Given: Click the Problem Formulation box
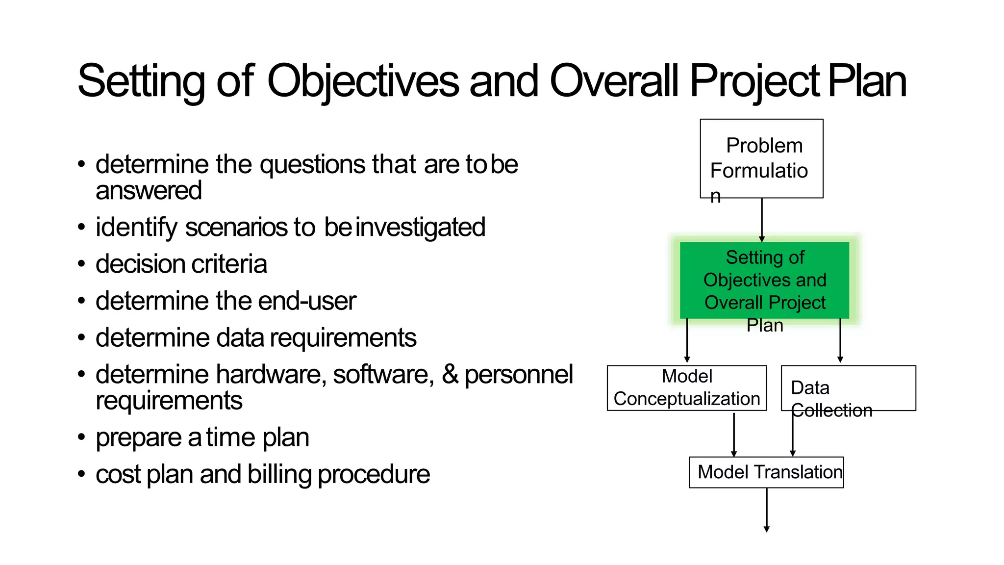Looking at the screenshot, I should pyautogui.click(x=761, y=158).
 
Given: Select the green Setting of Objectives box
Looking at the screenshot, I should pyautogui.click(x=764, y=280).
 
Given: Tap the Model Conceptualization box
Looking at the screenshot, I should pyautogui.click(x=686, y=388).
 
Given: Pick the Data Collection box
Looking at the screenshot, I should pyautogui.click(x=848, y=388).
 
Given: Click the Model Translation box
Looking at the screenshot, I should pyautogui.click(x=766, y=472).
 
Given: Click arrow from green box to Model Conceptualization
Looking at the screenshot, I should pyautogui.click(x=687, y=341).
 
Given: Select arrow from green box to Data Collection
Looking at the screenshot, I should pyautogui.click(x=840, y=341).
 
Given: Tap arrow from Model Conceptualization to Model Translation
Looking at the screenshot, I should pyautogui.click(x=734, y=434).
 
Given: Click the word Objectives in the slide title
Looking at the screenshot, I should pyautogui.click(x=363, y=81).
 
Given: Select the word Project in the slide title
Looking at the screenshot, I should pyautogui.click(x=754, y=81).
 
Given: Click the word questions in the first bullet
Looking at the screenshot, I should pyautogui.click(x=313, y=164).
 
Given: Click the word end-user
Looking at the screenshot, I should pyautogui.click(x=307, y=301).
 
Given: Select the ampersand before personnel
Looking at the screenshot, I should pyautogui.click(x=450, y=374).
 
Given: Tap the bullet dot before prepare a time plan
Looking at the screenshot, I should pyautogui.click(x=81, y=437).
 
